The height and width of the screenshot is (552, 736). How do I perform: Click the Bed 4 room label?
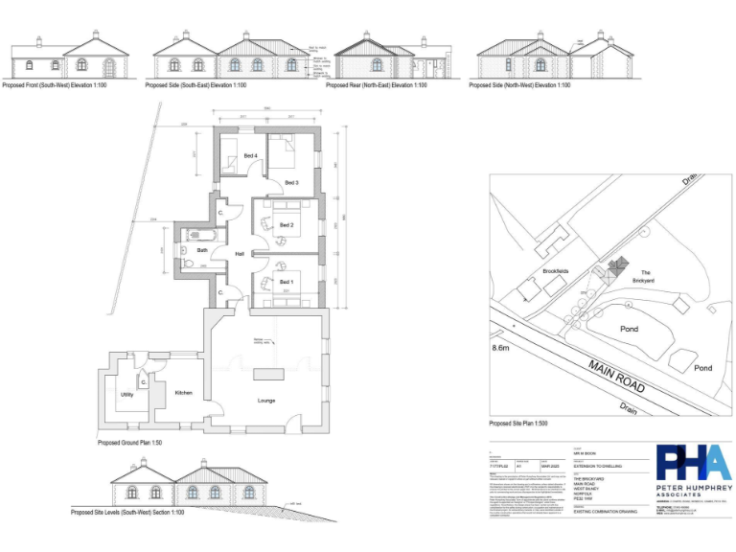pos(250,155)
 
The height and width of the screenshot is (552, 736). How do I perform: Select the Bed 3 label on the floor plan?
pos(291,182)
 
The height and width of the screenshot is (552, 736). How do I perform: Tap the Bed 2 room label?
pos(286,225)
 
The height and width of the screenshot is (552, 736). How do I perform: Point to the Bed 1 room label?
pos(286,282)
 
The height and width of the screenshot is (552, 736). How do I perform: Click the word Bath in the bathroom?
pos(202,251)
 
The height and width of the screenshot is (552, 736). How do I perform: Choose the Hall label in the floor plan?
pos(241,253)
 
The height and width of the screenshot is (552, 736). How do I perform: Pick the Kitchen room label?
pos(183,393)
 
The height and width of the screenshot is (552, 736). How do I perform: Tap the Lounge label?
pos(266,401)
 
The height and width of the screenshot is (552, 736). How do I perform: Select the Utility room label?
pos(126,394)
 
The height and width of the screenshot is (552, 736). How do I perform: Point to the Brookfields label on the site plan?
pos(556,271)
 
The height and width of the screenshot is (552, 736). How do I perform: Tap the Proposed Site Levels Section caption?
pos(128,513)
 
